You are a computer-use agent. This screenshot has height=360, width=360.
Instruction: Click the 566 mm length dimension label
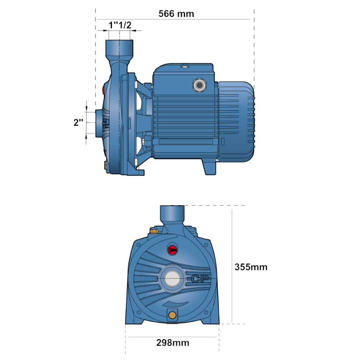coord(176,14)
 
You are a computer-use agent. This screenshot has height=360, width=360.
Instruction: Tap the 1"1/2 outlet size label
coord(120,25)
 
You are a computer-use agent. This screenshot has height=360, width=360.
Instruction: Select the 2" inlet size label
coord(78,123)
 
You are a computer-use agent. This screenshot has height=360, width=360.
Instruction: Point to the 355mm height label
coord(251,267)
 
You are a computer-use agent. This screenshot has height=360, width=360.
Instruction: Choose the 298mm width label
coord(173,343)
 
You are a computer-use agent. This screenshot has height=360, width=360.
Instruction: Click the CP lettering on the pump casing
coord(200,279)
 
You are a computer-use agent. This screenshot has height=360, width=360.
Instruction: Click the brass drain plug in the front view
coord(172,315)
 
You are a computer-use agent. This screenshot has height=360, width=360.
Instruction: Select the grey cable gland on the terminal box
coord(199,85)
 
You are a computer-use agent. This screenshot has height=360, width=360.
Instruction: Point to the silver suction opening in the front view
coord(172,279)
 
